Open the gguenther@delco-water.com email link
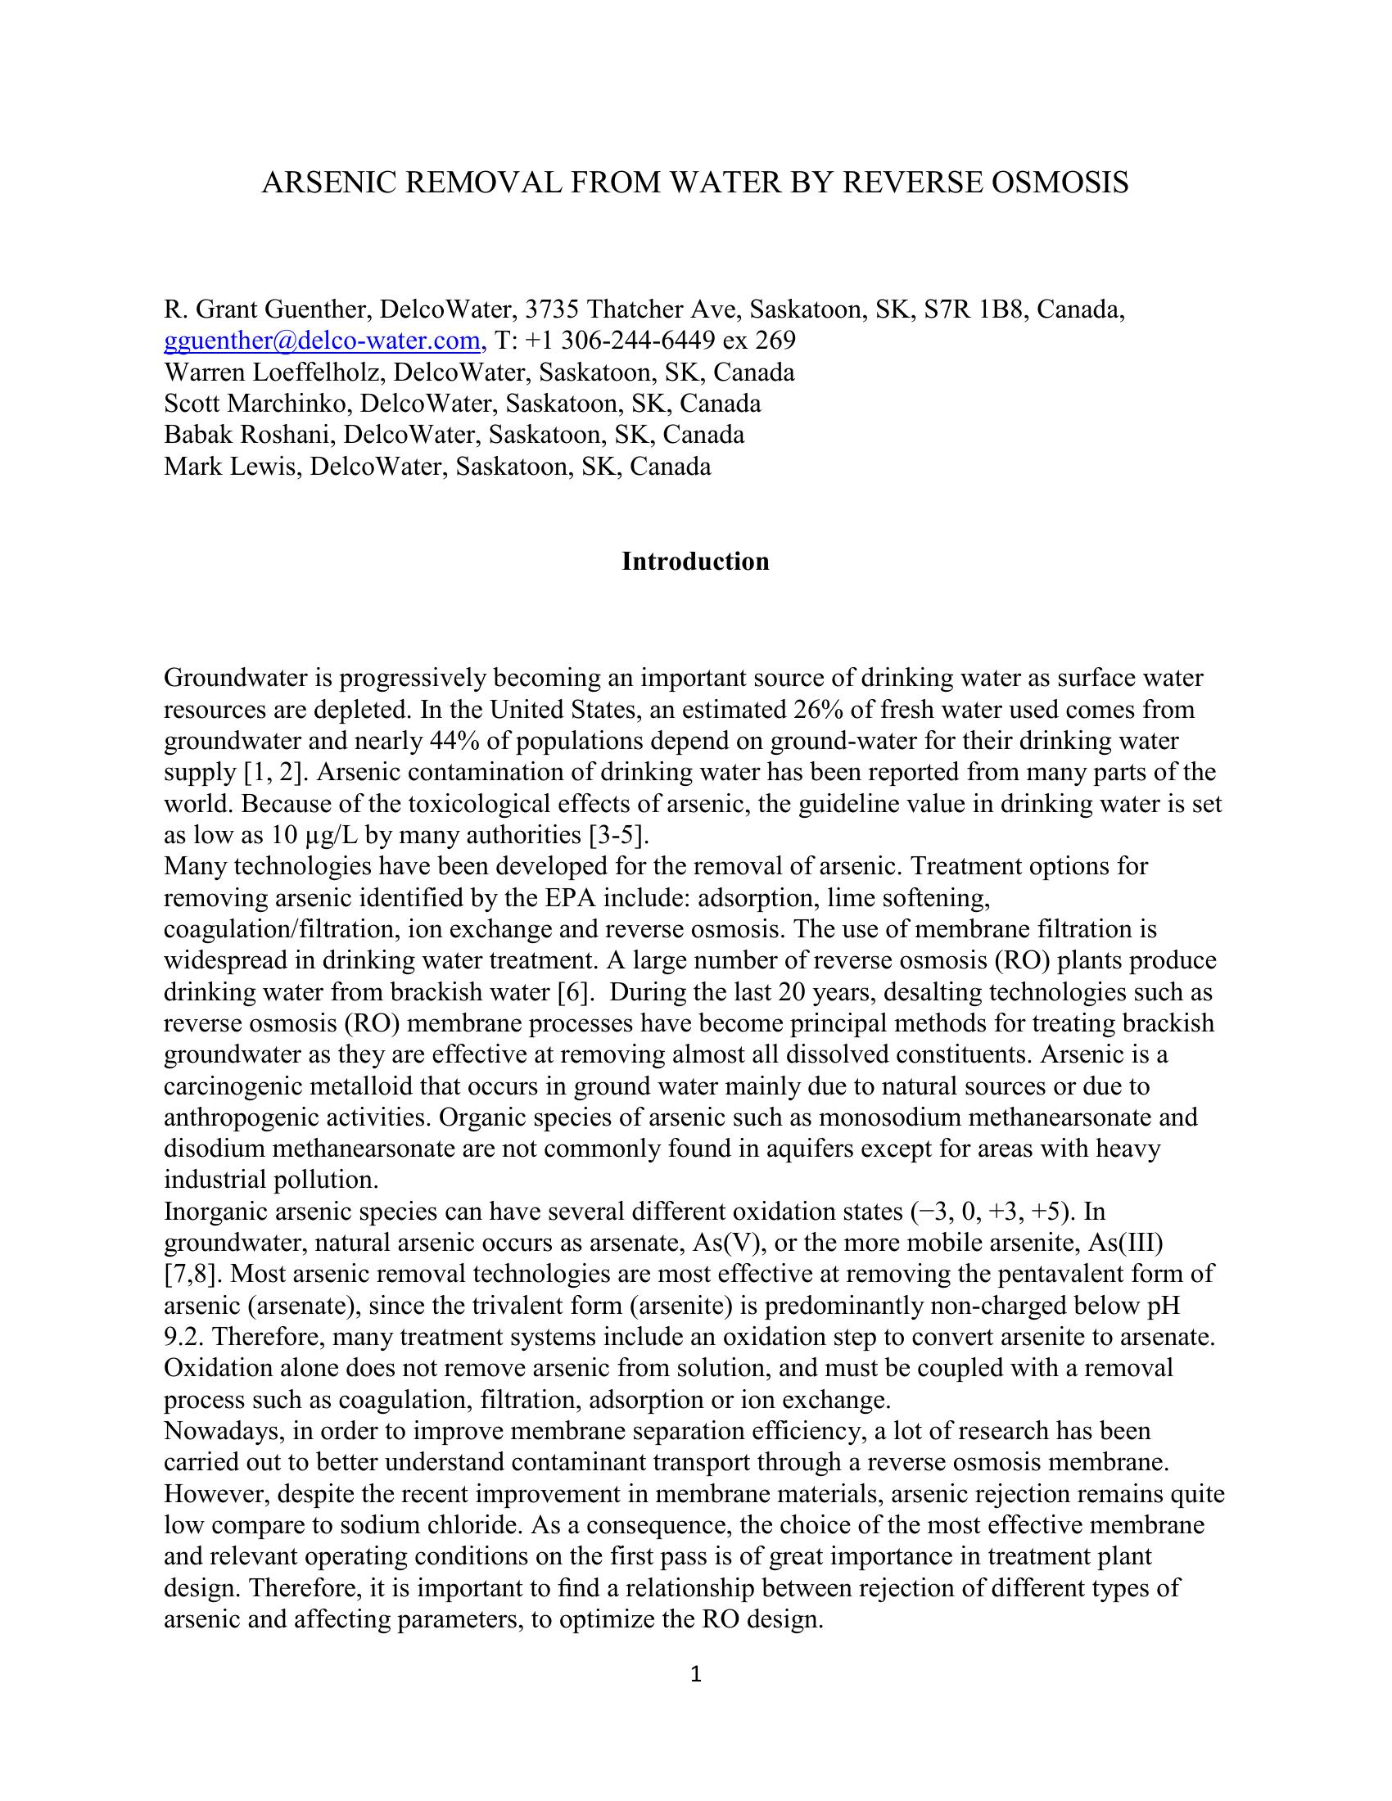[x=323, y=341]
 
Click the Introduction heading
[x=695, y=562]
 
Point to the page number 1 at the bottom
[x=695, y=1674]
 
